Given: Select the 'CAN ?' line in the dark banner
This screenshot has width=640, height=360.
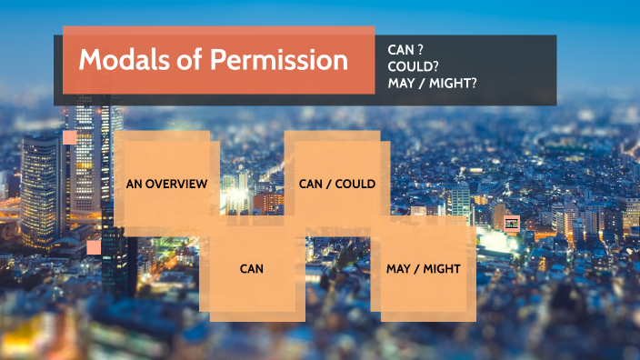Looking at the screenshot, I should pos(405,49).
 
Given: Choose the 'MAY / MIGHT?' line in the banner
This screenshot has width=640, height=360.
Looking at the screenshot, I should pos(432,84).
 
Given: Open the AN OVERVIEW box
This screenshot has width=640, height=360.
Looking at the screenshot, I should pos(166,182).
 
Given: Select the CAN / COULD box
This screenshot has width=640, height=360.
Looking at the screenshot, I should pos(336,182).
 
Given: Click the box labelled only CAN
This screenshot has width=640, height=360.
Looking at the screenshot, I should pos(252,269).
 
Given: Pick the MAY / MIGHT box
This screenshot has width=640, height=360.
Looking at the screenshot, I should pos(424,269).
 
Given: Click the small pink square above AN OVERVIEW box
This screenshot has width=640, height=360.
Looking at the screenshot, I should pos(70,137).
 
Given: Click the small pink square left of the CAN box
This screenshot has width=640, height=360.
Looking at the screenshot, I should pos(94,246).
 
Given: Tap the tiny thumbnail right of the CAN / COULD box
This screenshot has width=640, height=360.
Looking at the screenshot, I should pos(511,223).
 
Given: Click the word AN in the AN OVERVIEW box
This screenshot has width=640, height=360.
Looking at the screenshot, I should pos(133,184).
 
